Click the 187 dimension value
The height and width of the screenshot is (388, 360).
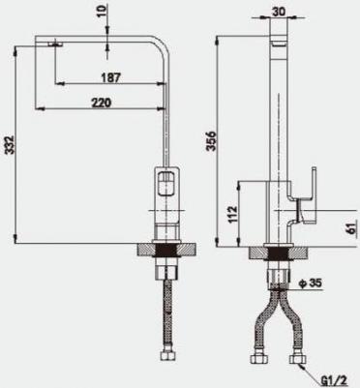pyautogui.click(x=110, y=77)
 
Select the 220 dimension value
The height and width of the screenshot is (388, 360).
pyautogui.click(x=101, y=103)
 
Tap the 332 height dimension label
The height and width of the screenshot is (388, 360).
pyautogui.click(x=10, y=145)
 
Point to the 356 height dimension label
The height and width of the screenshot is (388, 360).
pyautogui.click(x=211, y=141)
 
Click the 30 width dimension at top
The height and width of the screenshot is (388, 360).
pyautogui.click(x=279, y=12)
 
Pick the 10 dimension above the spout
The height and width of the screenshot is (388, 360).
pyautogui.click(x=102, y=11)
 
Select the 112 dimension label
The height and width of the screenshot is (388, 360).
pyautogui.click(x=232, y=214)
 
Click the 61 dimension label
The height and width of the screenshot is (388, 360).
pyautogui.click(x=352, y=228)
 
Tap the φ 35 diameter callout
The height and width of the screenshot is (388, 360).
pyautogui.click(x=311, y=284)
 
